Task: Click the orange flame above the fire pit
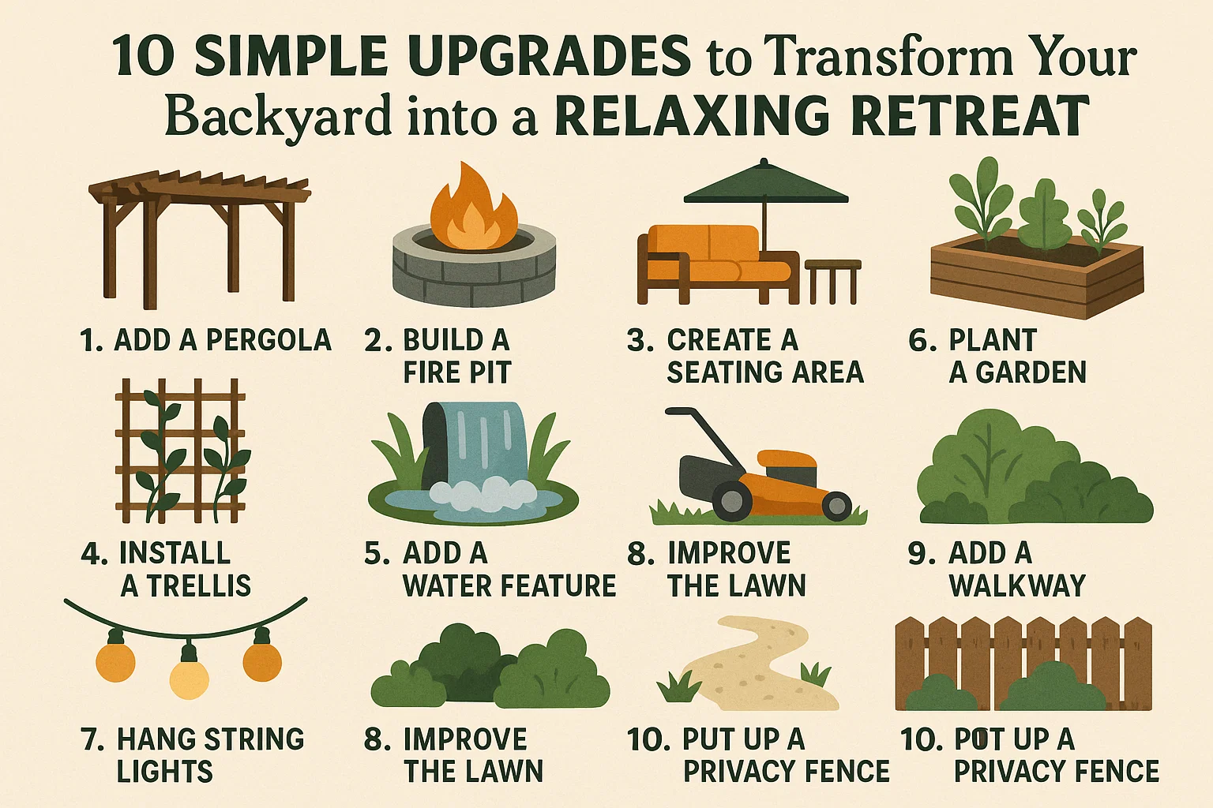point(472,209)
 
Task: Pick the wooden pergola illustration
point(197,233)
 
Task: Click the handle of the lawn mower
point(695,430)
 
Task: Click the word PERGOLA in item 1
point(269,340)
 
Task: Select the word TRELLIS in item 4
point(198,585)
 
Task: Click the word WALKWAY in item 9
point(1017,585)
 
